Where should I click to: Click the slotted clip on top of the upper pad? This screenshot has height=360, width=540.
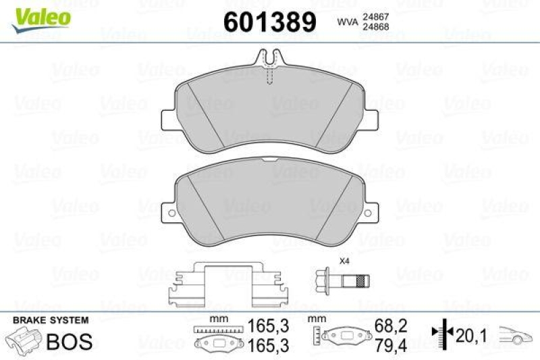269,63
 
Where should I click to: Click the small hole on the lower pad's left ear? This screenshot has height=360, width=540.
171,215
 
